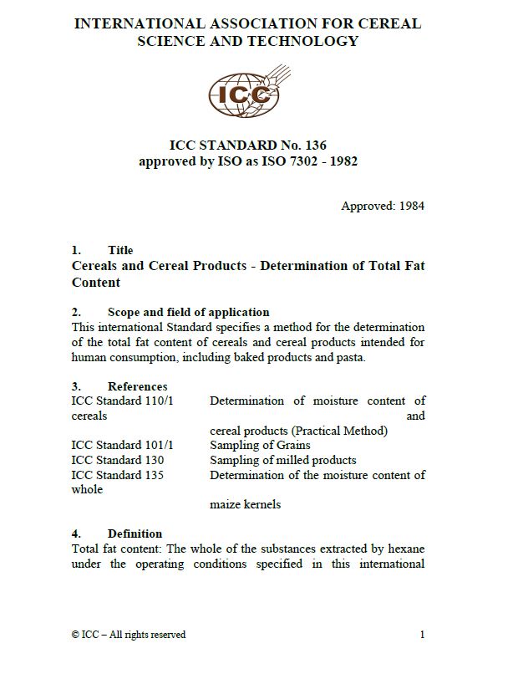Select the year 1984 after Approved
click(x=410, y=206)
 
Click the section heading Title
click(x=120, y=250)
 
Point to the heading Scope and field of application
click(x=188, y=312)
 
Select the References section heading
click(x=137, y=386)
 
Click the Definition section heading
click(x=135, y=533)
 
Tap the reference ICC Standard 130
click(x=118, y=460)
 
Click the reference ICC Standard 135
click(x=118, y=475)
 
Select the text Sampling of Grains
click(x=260, y=445)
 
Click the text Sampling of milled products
click(x=282, y=460)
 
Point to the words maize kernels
click(x=245, y=504)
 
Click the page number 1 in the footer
click(x=423, y=635)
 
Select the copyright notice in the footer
click(x=129, y=635)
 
